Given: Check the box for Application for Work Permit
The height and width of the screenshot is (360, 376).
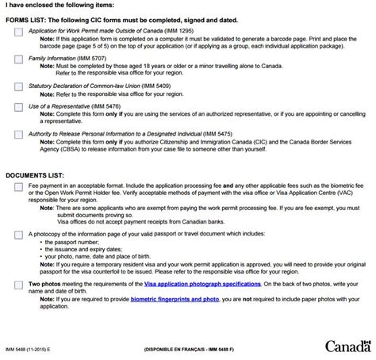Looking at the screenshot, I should (18, 32).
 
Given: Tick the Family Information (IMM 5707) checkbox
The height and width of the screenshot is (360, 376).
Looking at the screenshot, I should (18, 59).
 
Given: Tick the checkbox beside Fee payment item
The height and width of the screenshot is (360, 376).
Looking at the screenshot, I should (18, 187).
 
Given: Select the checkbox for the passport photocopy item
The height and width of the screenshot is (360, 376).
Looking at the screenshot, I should (18, 235).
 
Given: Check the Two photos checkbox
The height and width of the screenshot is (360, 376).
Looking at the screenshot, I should (18, 283).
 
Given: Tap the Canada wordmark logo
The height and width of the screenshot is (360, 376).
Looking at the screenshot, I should (347, 346).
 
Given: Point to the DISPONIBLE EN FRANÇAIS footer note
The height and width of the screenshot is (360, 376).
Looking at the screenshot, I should (188, 349).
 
